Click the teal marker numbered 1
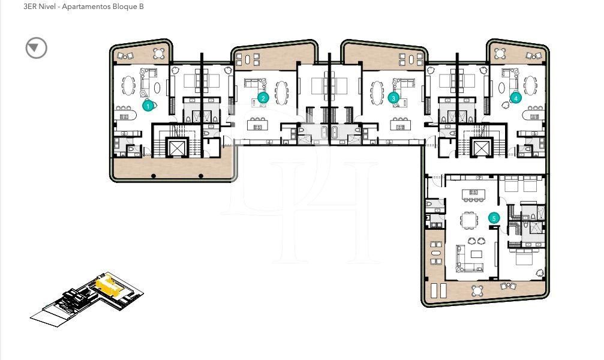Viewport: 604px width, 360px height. pyautogui.click(x=148, y=106)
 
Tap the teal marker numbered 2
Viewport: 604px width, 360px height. pyautogui.click(x=262, y=98)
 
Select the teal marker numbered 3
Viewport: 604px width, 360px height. pyautogui.click(x=393, y=98)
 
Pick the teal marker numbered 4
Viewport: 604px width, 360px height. pyautogui.click(x=515, y=97)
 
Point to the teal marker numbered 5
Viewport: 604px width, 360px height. pyautogui.click(x=494, y=218)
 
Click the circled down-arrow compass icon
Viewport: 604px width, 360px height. pyautogui.click(x=37, y=48)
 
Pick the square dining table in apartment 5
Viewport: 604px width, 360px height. pyautogui.click(x=469, y=220)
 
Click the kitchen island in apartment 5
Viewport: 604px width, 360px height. pyautogui.click(x=472, y=193)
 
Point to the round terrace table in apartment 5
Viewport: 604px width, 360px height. pyautogui.click(x=477, y=291)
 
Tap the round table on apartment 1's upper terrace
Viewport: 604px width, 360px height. pyautogui.click(x=159, y=53)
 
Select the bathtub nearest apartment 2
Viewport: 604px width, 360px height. pyautogui.click(x=324, y=134)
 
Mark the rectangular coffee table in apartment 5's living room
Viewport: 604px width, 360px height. pyautogui.click(x=476, y=254)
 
